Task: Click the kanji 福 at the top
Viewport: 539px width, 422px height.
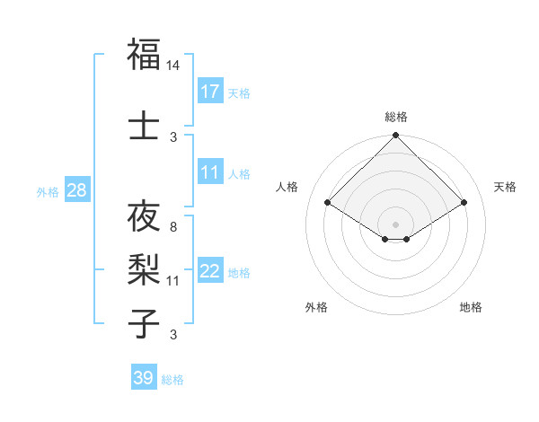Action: point(144,54)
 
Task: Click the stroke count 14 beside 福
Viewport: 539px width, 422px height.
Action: point(173,66)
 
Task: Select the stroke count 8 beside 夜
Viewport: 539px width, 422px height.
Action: point(173,227)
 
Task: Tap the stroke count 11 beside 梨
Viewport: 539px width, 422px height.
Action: point(173,280)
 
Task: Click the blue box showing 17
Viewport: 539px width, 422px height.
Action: point(210,92)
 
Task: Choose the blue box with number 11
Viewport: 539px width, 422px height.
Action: point(210,172)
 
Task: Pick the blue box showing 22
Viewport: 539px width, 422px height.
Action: point(210,272)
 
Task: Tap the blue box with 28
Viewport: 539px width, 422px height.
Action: point(76,191)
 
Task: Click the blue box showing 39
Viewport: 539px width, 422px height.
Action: point(144,378)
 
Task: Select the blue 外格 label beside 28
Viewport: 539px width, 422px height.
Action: point(48,192)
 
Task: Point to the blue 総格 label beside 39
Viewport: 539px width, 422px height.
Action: point(172,379)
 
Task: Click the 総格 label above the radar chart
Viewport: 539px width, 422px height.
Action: point(396,117)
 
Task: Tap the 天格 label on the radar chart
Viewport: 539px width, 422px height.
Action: point(506,187)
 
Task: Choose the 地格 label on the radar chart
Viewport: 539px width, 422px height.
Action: point(471,307)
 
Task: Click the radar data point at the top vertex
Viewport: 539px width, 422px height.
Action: point(395,136)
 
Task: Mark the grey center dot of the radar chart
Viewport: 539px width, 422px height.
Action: point(395,223)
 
